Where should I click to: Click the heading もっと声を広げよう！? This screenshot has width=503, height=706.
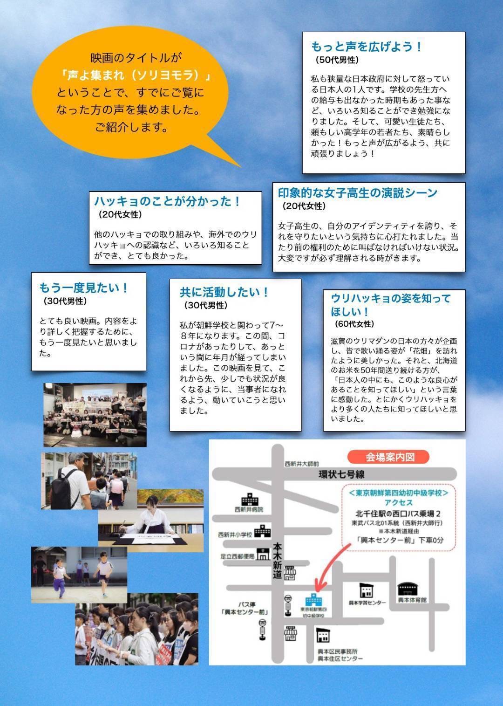point(367,47)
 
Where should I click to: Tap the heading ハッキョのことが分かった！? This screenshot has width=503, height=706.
point(167,201)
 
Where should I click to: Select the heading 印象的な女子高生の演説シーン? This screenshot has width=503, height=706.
point(358,193)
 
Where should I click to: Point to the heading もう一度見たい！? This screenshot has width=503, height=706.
point(84,288)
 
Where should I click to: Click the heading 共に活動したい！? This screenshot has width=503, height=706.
point(224,292)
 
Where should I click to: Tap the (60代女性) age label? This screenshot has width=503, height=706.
point(354,324)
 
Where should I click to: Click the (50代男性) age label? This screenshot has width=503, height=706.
point(337,60)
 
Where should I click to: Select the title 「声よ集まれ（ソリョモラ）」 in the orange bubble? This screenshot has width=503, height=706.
point(136,75)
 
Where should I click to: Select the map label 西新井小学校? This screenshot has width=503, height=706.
point(235,535)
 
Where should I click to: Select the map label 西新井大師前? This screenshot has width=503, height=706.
point(302,464)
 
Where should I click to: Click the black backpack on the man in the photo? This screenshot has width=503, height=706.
point(66,490)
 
